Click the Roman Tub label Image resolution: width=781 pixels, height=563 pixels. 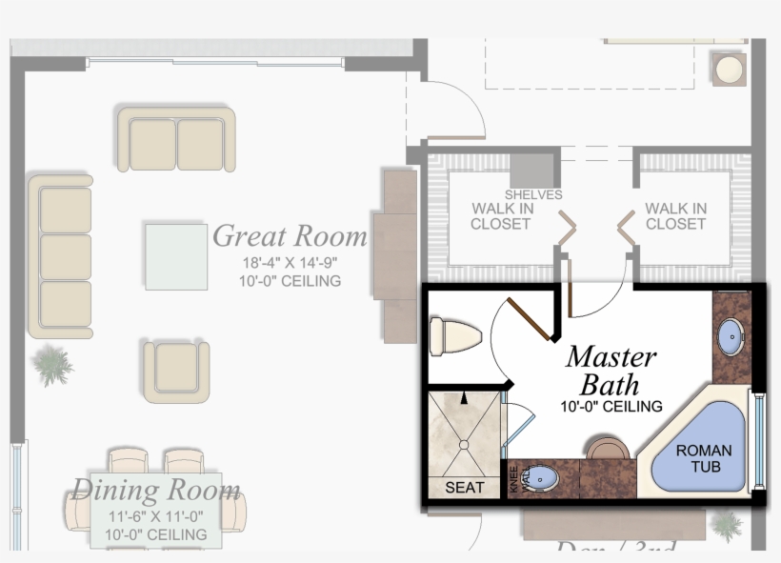point(704,458)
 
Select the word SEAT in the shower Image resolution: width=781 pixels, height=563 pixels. point(465,487)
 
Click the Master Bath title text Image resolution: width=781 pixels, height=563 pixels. point(611,371)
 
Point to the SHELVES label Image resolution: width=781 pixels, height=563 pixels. point(533,194)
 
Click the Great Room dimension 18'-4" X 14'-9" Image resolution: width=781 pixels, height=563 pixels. point(290,262)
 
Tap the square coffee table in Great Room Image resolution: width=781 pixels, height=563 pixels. point(176,255)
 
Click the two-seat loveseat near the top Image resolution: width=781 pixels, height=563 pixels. point(176,140)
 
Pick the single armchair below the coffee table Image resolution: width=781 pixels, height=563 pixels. point(176,372)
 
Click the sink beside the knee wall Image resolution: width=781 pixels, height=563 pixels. point(540,476)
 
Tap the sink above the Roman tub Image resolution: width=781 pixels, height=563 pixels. point(731,334)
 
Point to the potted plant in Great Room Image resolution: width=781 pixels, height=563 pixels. point(51,364)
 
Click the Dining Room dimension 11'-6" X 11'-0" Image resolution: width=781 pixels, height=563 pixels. point(155,517)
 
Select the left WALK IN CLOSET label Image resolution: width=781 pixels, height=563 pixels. point(500,216)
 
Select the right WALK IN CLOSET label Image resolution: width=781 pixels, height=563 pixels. point(675,216)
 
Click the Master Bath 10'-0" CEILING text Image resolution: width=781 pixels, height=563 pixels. point(611,407)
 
